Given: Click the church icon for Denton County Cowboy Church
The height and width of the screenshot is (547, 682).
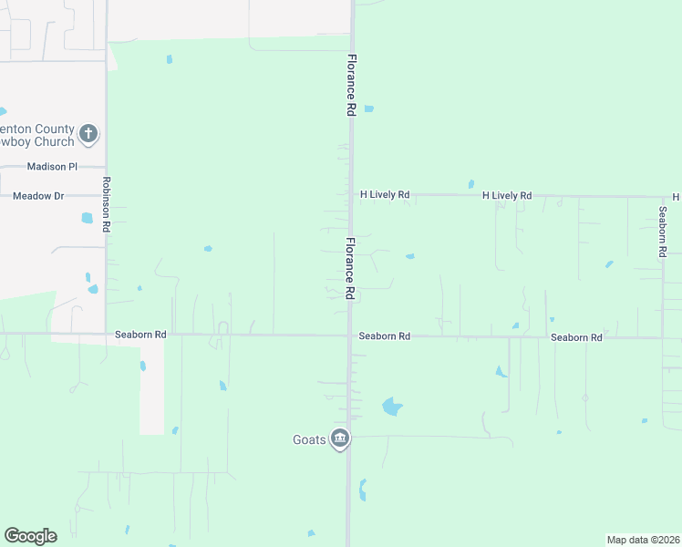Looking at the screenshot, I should pos(88,135).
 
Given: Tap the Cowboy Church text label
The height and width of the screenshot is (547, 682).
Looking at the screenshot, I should pos(37,142).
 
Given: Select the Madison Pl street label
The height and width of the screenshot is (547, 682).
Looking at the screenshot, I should pos(53,167).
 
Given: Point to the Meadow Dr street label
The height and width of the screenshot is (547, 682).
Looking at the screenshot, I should pos(38,196).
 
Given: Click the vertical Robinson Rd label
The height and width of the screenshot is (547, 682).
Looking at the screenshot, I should pos(107,204).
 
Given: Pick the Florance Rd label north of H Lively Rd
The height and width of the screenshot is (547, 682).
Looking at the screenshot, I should pos(351,84).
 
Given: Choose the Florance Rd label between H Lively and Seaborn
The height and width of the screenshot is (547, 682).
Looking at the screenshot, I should pos(350,268).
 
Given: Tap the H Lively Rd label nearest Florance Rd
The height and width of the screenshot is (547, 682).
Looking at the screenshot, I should pos(386,195).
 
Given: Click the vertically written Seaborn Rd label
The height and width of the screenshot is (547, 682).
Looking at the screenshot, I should pos(663,232).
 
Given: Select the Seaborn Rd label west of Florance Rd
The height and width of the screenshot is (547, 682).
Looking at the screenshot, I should pos(140,335).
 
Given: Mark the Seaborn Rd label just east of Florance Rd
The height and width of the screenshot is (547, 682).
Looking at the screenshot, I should pos(384,336).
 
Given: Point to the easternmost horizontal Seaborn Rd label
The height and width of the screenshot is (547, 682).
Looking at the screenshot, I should pos(576,337).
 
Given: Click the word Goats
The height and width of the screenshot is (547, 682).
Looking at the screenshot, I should pos(308,439).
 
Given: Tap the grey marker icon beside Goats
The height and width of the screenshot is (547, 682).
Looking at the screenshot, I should pos(340,439).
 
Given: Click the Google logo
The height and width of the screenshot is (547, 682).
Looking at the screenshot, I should pos(30,536).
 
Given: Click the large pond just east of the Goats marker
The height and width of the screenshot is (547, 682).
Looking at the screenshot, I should pos(392,407).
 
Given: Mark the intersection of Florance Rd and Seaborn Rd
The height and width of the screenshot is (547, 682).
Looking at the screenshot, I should pos(350,335).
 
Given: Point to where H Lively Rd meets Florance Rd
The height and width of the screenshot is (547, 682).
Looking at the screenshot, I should pos(352,195).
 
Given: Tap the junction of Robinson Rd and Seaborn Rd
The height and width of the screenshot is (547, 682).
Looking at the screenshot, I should pos(107,334).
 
